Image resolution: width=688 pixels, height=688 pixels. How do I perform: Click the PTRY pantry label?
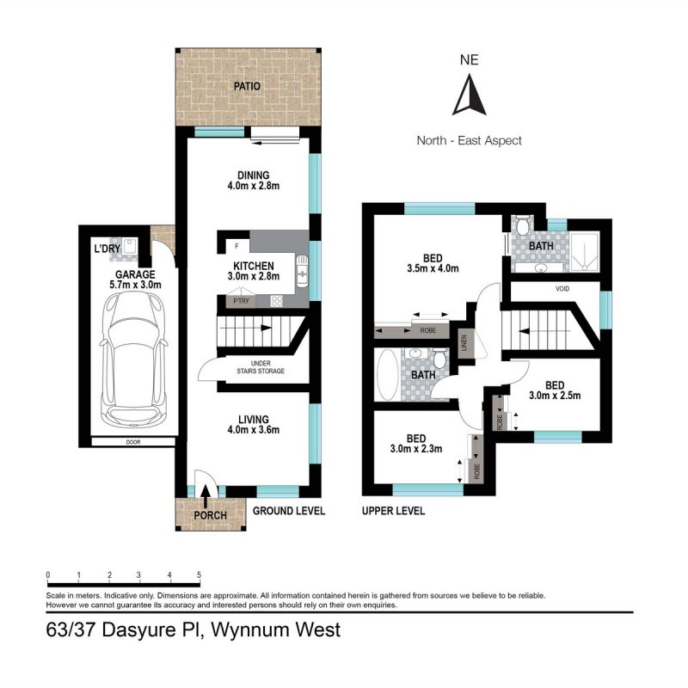click(x=239, y=301)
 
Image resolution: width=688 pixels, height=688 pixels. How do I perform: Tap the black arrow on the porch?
click(x=206, y=496)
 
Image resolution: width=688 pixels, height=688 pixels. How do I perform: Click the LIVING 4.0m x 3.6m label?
click(x=254, y=423)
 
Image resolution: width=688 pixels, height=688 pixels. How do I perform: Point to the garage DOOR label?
click(x=133, y=443)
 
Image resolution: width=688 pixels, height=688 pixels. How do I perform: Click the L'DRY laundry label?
click(x=107, y=249)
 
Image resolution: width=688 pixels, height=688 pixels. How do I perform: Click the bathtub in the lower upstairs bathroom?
click(x=387, y=375)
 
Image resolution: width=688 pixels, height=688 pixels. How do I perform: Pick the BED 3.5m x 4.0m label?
click(x=435, y=262)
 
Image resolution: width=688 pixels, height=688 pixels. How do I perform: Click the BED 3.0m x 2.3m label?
click(x=416, y=442)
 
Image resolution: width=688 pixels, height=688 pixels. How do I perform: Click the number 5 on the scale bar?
click(x=199, y=575)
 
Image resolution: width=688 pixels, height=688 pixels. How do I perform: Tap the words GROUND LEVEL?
click(x=289, y=511)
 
